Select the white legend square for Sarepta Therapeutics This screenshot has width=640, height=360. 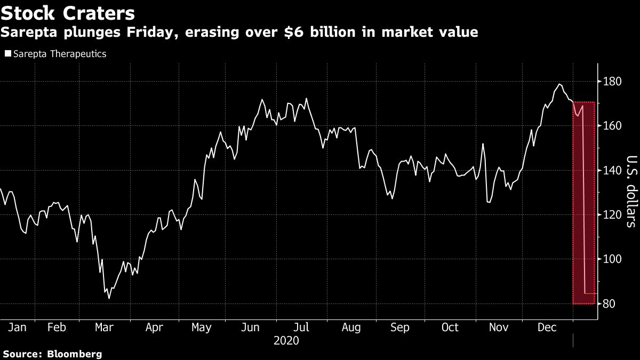7,54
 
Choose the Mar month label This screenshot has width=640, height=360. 103,327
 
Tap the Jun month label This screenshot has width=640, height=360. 251,327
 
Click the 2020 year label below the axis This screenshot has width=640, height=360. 286,340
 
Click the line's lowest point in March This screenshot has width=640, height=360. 109,298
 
